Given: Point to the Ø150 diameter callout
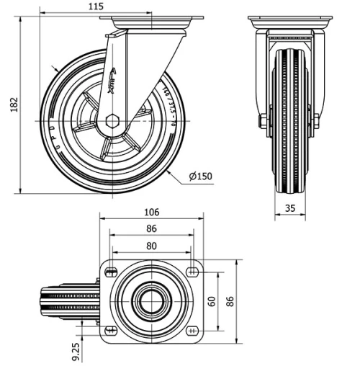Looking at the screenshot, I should pos(199,176).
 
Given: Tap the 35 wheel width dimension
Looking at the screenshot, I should pos(290,209).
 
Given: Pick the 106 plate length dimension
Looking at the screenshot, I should pos(151,213).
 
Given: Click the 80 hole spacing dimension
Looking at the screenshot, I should pos(151,245).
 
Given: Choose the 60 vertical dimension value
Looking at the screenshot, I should pos(212,300).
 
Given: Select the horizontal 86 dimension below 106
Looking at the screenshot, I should pos(151,229).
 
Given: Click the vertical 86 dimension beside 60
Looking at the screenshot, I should pos(230,300).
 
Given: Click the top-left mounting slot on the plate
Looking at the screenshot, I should pos(110,272).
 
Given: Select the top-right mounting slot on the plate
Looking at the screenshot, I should pos(192,272).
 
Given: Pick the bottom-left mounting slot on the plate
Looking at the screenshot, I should pos(110,330).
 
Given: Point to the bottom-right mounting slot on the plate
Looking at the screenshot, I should pos(192,330).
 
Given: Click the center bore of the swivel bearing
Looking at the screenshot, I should pos(151,300).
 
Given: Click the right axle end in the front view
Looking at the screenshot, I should pos(316,120).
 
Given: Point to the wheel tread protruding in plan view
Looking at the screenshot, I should pos(68,300).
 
